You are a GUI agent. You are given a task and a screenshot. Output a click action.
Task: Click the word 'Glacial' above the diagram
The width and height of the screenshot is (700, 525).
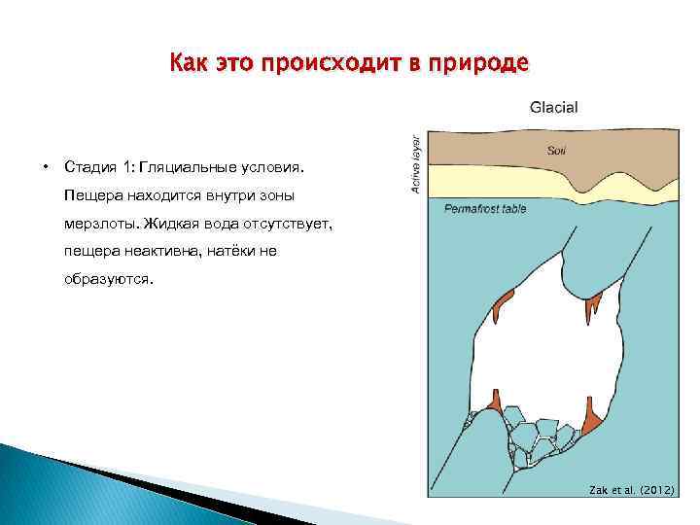coord(553,107)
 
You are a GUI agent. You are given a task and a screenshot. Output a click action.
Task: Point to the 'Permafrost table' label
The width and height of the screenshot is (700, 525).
coord(485,208)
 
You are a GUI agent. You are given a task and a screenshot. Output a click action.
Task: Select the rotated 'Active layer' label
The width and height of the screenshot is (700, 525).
coord(416,161)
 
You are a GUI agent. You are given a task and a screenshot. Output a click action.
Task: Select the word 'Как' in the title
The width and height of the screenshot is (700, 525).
coord(185,64)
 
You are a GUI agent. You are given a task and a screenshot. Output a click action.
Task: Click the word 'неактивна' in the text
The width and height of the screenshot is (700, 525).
coord(165,251)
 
